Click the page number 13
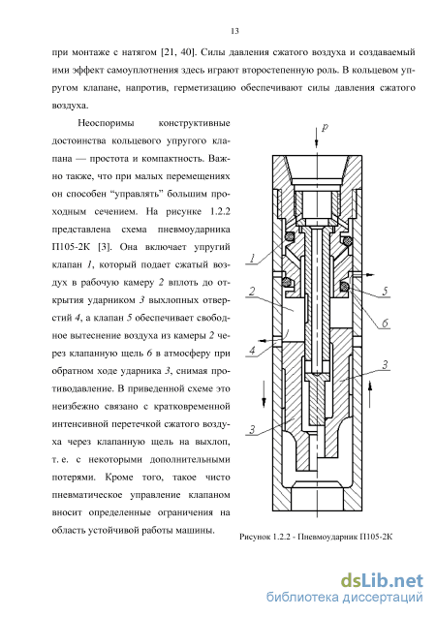tap(234, 31)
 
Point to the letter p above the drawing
tap(325, 128)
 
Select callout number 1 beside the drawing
tap(253, 258)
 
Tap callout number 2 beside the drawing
tap(252, 292)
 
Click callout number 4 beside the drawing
tap(252, 350)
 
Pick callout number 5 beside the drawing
tap(385, 291)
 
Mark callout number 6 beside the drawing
tap(385, 324)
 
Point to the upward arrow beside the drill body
tap(369, 394)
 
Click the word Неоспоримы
tap(106, 123)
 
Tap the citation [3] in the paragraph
tap(105, 247)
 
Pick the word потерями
tap(74, 478)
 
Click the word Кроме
tap(119, 477)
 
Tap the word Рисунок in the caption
tap(254, 538)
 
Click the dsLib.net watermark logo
tap(382, 580)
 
